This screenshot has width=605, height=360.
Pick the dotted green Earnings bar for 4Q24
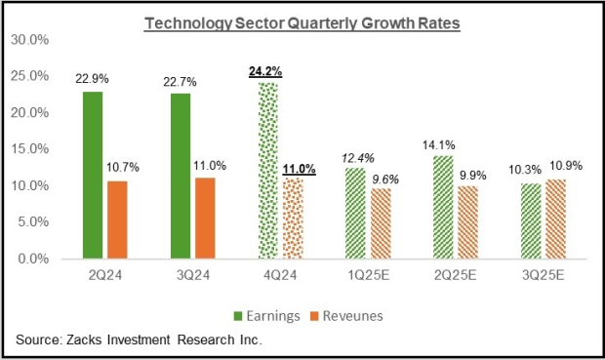(x=266, y=171)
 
